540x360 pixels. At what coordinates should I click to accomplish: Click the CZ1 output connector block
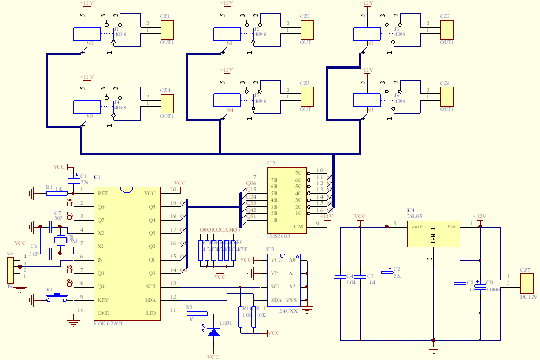tap(168, 30)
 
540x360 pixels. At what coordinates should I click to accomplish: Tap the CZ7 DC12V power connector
tap(527, 283)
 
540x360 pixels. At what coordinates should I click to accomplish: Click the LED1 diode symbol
tap(213, 332)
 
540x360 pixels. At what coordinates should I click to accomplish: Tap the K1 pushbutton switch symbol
tap(51, 298)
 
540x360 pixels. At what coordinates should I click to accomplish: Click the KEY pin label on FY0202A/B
tap(103, 300)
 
